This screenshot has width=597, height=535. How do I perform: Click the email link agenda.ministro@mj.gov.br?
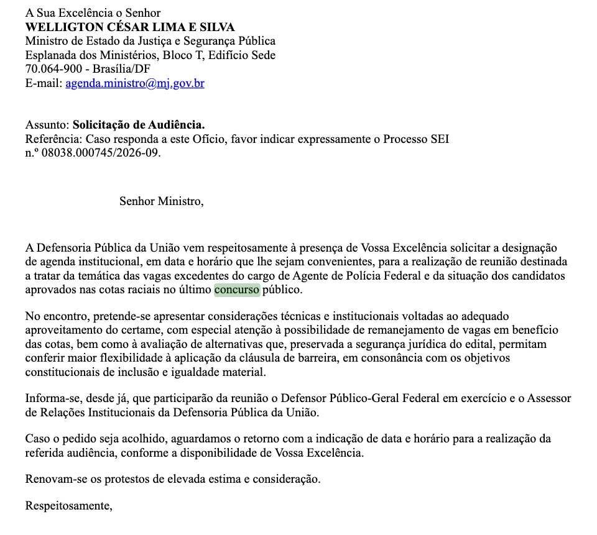135,83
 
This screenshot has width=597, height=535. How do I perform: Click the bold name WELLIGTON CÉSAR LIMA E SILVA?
129,27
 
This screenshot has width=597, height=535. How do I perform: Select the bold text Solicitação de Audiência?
139,125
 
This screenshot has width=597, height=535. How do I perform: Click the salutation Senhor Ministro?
161,201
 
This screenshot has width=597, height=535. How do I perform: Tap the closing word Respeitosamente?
68,506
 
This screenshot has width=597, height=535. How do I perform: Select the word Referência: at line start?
53,139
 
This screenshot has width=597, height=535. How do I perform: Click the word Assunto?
47,125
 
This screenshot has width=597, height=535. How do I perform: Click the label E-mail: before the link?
44,83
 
